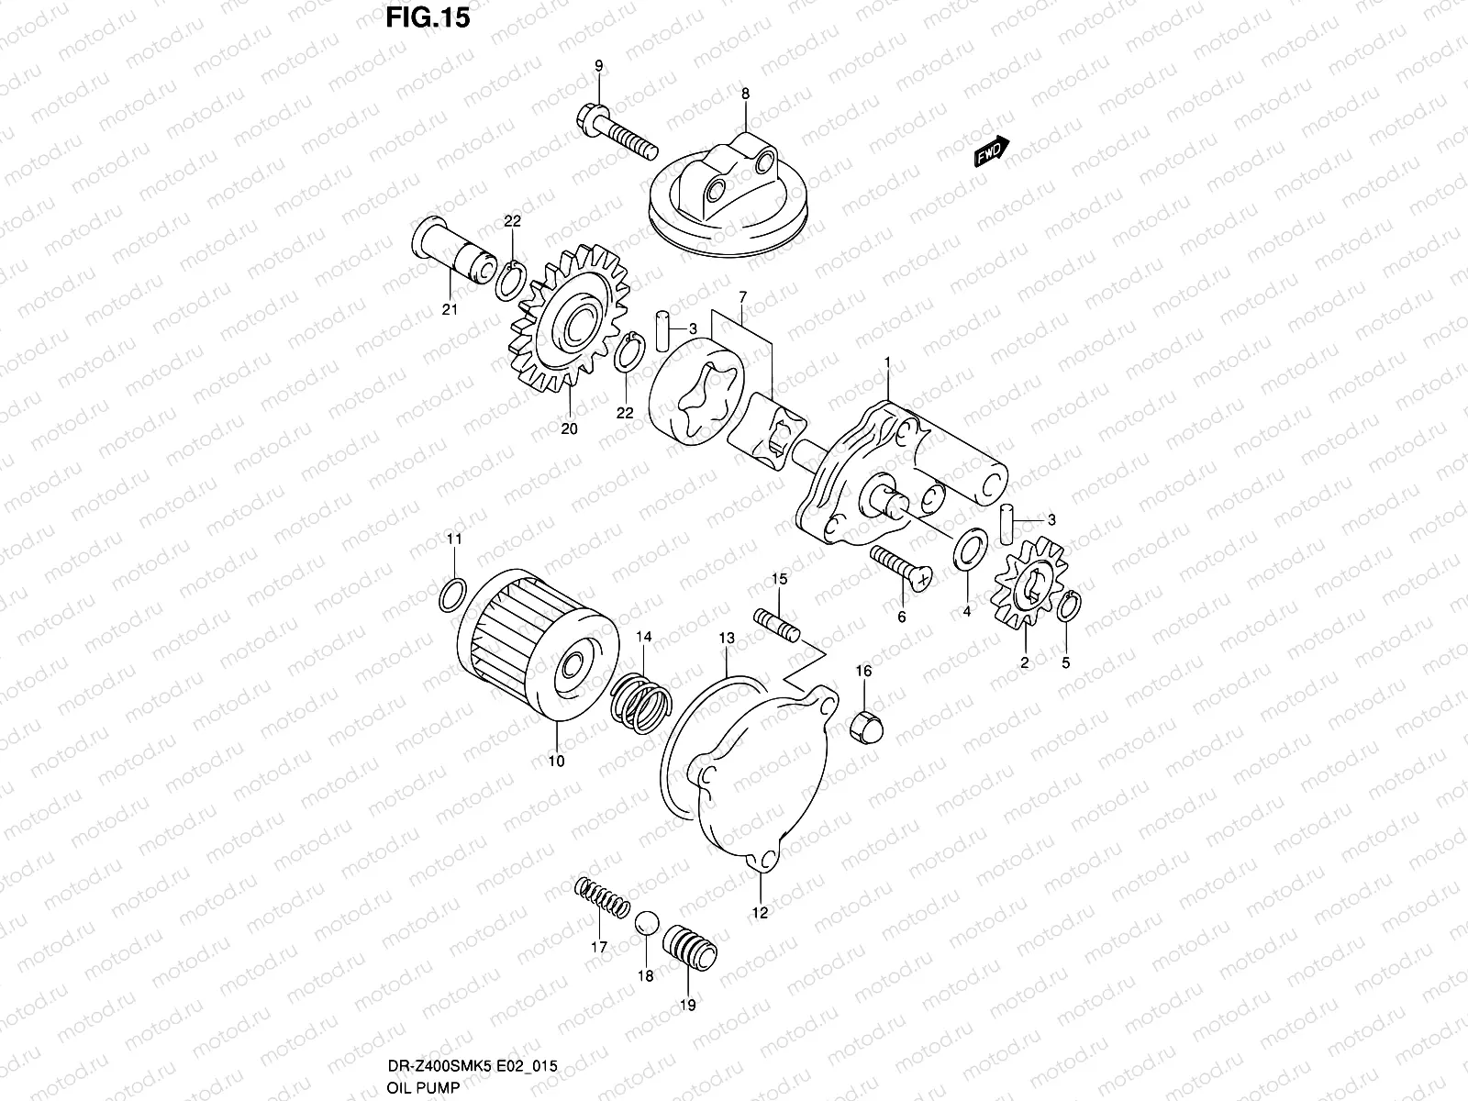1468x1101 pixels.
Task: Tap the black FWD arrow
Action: point(992,151)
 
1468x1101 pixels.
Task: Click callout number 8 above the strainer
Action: point(745,93)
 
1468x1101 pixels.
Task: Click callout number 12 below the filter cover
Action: point(760,912)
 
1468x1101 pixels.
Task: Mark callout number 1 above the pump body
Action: point(887,363)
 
